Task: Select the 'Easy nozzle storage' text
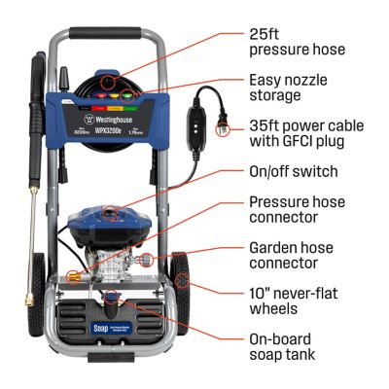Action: (288, 88)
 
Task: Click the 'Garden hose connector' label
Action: (292, 256)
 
